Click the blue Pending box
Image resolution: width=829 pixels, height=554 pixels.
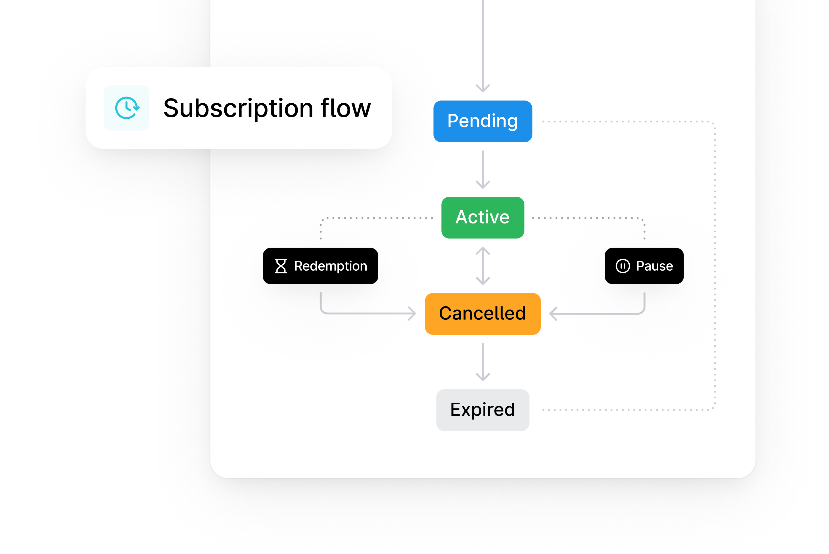click(x=483, y=121)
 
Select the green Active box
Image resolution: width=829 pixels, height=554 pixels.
click(x=483, y=217)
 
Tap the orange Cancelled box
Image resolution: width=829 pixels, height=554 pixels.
click(x=483, y=313)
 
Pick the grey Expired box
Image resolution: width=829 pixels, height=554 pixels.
click(x=483, y=410)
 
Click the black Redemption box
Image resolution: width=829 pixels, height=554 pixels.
click(x=320, y=266)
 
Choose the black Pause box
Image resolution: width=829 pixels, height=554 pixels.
click(x=644, y=266)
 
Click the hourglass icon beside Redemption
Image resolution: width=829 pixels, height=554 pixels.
click(x=281, y=266)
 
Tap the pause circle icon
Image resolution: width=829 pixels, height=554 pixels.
click(x=623, y=266)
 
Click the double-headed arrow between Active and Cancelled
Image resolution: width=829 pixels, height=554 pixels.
click(x=483, y=266)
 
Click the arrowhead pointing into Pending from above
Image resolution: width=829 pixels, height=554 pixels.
click(x=483, y=88)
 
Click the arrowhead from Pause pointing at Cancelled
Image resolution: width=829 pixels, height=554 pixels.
click(x=553, y=313)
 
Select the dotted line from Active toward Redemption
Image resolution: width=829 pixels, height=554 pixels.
click(x=378, y=218)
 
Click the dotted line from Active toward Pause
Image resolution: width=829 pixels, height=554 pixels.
click(x=586, y=218)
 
